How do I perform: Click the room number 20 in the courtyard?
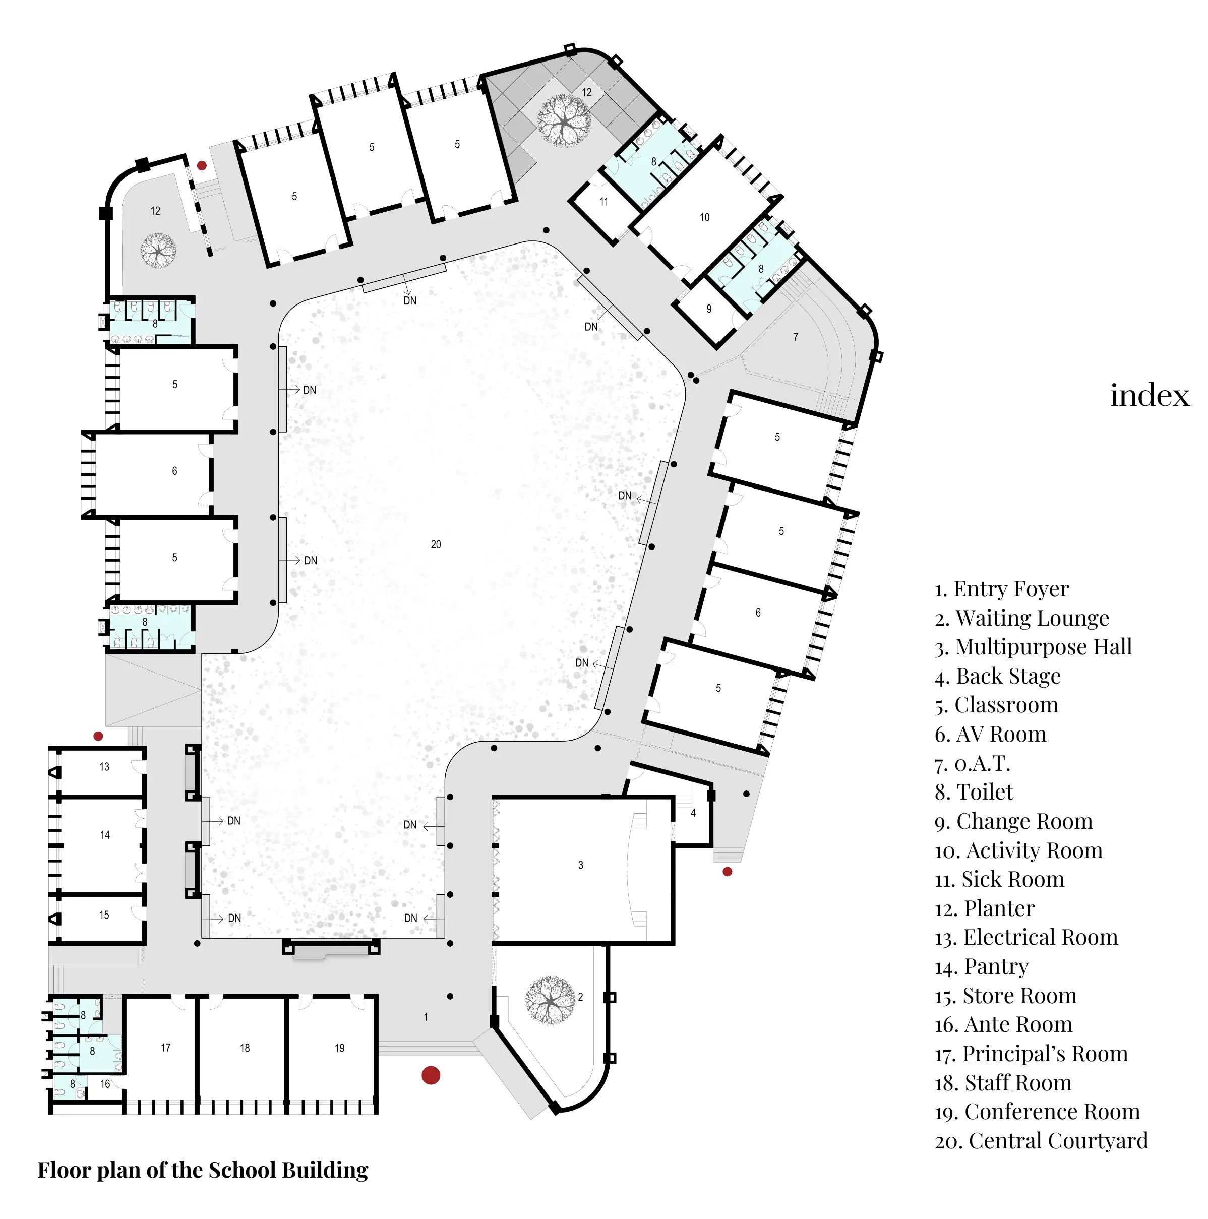[x=436, y=544]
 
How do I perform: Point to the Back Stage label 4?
[x=693, y=813]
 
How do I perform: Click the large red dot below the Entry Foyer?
[x=431, y=1075]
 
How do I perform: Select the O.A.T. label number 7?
[x=795, y=337]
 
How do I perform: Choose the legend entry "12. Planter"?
[x=985, y=908]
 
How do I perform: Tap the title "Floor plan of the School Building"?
[x=203, y=1170]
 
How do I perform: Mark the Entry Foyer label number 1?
[x=426, y=1017]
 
